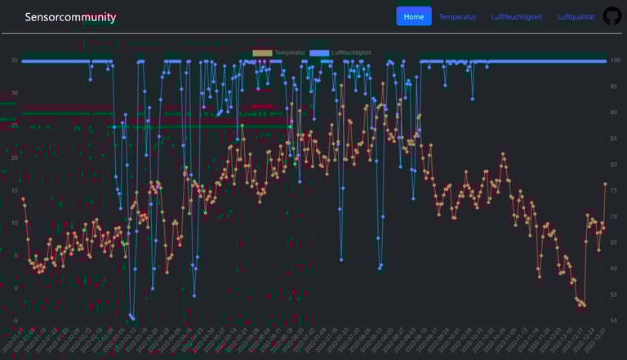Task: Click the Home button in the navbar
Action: point(414,16)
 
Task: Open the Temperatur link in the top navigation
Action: point(457,16)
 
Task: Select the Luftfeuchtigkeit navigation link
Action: point(516,16)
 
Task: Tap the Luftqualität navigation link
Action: point(576,16)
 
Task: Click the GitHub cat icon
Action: point(611,16)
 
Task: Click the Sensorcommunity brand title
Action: point(70,17)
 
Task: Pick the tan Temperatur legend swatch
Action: point(262,53)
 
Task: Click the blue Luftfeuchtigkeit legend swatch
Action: point(320,53)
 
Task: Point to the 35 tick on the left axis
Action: point(14,60)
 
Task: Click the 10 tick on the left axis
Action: point(14,223)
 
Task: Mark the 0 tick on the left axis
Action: point(16,287)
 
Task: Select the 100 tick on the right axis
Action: point(616,60)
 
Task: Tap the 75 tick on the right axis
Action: point(615,190)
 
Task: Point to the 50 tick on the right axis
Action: point(615,320)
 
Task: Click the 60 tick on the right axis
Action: point(615,268)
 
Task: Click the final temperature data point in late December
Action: point(605,184)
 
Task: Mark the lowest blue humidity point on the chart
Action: point(133,319)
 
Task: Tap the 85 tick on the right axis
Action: point(615,138)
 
